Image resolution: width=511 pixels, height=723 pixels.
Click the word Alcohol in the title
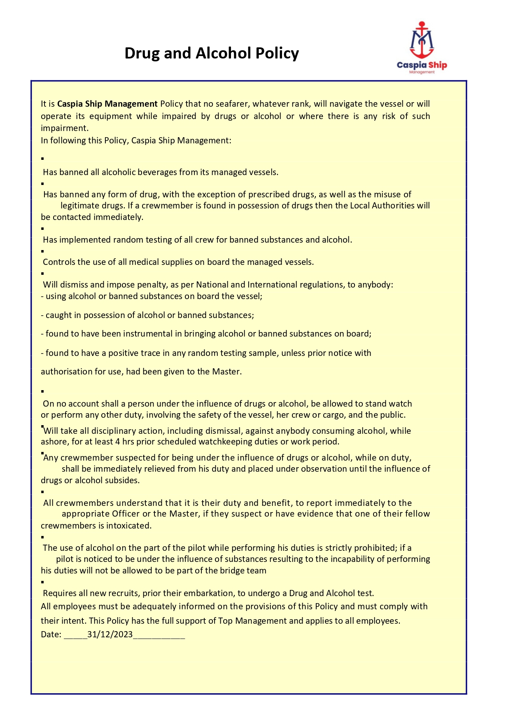click(223, 53)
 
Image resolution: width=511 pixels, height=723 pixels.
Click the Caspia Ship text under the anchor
click(422, 65)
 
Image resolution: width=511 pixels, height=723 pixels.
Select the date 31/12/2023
click(110, 634)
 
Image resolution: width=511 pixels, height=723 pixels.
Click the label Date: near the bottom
click(51, 634)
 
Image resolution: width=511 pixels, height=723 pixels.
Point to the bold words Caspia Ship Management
click(107, 104)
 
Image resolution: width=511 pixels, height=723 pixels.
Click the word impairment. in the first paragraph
click(65, 128)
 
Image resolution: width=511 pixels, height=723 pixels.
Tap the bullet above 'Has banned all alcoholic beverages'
click(42, 158)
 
